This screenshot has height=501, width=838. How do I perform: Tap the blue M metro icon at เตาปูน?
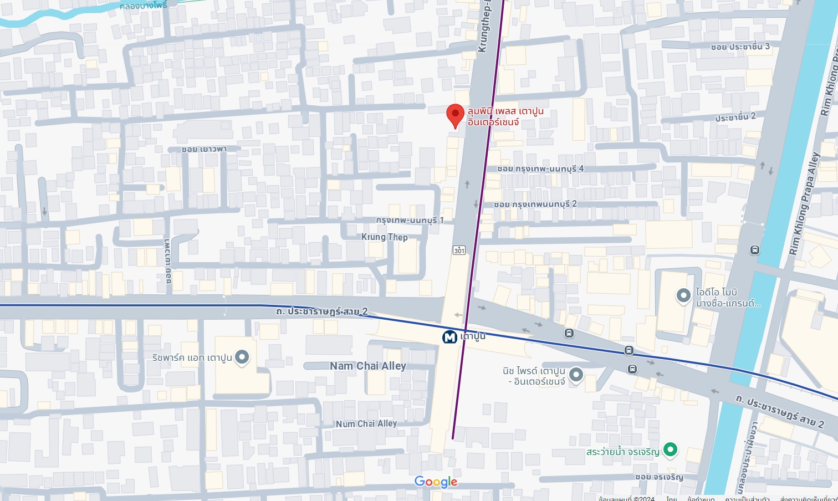click(x=449, y=337)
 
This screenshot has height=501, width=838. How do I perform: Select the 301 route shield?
click(x=459, y=250)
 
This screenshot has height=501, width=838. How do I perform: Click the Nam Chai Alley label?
click(x=368, y=366)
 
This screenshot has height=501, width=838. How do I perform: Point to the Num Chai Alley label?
click(x=366, y=424)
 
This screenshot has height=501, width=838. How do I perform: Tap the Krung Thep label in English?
click(x=385, y=237)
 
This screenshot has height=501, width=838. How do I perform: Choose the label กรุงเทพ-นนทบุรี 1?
click(x=410, y=220)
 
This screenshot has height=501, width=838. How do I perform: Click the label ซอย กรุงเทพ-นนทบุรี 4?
click(x=540, y=168)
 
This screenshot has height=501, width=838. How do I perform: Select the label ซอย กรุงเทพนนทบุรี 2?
click(x=535, y=204)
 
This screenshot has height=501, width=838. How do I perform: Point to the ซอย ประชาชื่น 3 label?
click(x=740, y=47)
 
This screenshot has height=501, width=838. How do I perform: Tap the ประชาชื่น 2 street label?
click(x=735, y=117)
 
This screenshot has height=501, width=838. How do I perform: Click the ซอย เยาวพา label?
click(x=204, y=149)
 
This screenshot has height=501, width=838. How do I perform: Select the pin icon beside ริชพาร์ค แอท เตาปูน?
click(x=242, y=357)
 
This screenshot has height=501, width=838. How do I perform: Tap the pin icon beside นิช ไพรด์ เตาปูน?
click(x=576, y=375)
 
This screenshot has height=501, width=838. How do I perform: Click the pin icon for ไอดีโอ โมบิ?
click(x=683, y=295)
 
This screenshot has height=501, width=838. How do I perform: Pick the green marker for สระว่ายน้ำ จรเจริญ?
click(x=670, y=449)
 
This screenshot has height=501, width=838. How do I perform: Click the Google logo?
click(x=436, y=482)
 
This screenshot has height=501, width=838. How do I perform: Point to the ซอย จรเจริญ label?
click(x=659, y=477)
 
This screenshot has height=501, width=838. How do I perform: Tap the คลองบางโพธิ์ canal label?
click(x=143, y=6)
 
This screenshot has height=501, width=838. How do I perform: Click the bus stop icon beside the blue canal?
click(x=754, y=250)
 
